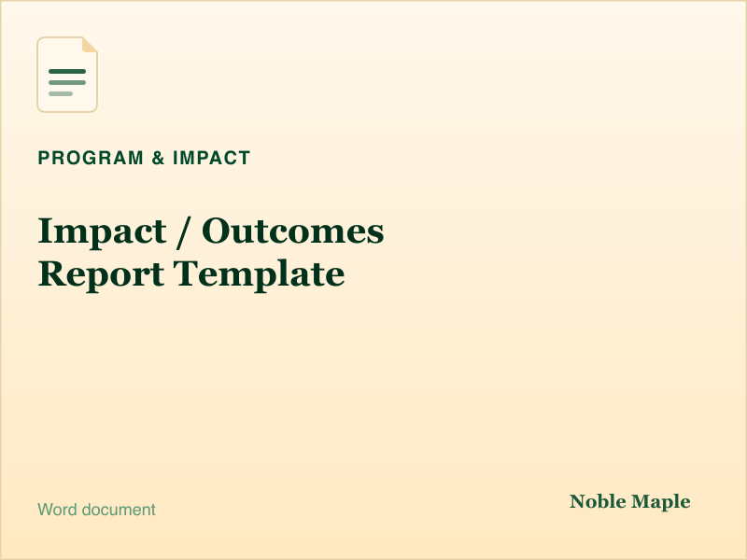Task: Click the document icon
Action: coord(67,75)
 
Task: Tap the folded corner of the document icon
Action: coord(90,45)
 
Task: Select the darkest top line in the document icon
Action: coord(67,72)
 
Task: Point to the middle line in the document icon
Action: coord(67,83)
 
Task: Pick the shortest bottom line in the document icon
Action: coord(61,94)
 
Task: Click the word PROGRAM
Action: coord(91,158)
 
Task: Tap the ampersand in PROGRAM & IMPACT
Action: coord(158,158)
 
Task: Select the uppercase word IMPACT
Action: coord(212,158)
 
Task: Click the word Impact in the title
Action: coord(103,231)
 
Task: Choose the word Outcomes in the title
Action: coord(292,231)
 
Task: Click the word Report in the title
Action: coord(101,274)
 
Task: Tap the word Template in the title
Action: coord(259,274)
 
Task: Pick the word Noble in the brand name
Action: coord(598,501)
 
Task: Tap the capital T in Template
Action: coord(188,273)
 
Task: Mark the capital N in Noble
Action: coord(578,502)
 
